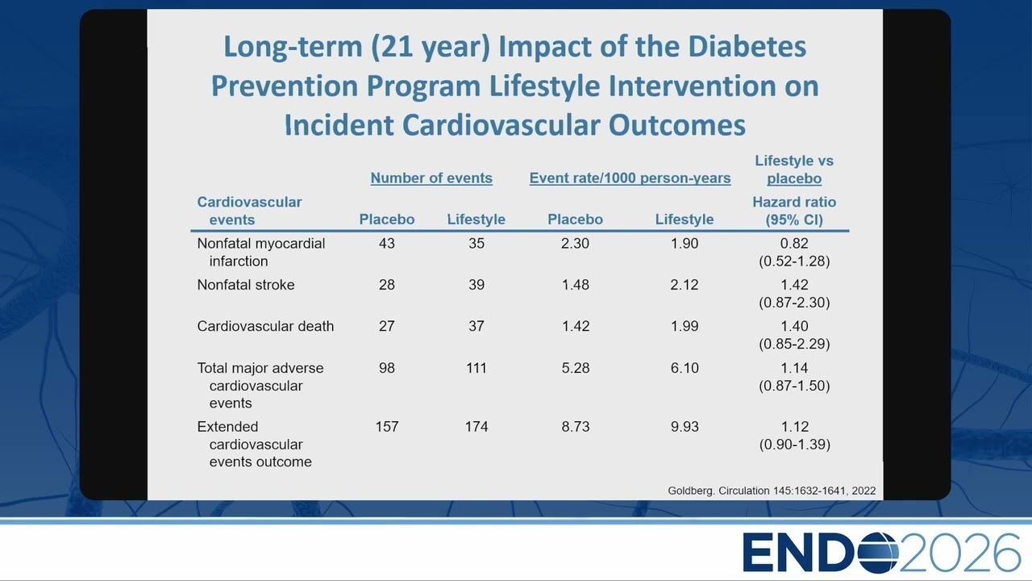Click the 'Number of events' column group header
click(431, 178)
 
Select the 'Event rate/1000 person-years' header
click(630, 178)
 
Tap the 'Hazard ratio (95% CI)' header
click(794, 211)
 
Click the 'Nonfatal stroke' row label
click(246, 285)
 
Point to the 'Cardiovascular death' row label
click(265, 326)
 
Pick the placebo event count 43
click(386, 243)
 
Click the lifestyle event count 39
click(476, 285)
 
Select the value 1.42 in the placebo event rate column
click(576, 326)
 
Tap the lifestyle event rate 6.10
click(685, 368)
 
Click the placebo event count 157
click(386, 427)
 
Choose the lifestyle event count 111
click(476, 368)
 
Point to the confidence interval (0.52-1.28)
click(794, 261)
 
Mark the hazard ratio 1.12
click(794, 427)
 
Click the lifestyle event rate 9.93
click(685, 427)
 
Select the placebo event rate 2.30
click(575, 243)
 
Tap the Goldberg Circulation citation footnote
click(772, 491)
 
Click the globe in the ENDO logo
click(877, 553)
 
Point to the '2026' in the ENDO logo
click(959, 553)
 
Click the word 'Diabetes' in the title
click(747, 47)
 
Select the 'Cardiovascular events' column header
click(249, 211)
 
